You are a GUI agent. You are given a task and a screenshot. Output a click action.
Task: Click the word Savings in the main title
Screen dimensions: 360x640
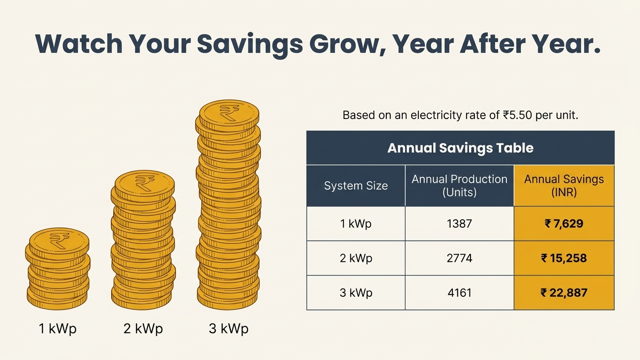(249, 44)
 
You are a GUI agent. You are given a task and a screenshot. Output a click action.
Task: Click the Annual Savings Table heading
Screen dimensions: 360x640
(460, 148)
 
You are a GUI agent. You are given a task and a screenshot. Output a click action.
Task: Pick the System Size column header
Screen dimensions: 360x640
(356, 186)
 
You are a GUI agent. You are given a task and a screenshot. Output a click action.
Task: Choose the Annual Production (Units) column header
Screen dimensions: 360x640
(459, 186)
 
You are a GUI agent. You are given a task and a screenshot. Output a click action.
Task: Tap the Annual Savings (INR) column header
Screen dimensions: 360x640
(564, 186)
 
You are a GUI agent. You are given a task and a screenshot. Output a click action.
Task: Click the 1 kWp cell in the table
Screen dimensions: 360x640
(356, 223)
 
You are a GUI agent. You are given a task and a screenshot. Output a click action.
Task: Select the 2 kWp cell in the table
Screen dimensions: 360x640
(356, 258)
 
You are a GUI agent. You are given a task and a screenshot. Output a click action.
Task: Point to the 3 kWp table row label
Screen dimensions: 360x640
(356, 292)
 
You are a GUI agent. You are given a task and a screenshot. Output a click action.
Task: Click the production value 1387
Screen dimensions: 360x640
(459, 223)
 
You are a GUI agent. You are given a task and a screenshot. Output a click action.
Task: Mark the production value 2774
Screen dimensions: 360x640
(459, 258)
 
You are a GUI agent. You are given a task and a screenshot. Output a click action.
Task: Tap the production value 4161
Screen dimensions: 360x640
(459, 292)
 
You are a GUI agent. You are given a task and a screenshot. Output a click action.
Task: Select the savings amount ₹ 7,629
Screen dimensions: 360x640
(564, 223)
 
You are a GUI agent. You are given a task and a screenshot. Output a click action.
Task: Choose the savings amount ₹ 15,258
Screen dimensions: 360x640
(564, 258)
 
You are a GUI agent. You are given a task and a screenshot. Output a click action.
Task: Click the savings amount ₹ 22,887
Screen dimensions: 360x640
(564, 292)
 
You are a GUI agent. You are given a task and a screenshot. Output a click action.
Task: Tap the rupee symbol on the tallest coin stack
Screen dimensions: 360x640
(227, 113)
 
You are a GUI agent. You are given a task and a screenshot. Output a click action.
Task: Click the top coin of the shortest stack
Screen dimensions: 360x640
(59, 240)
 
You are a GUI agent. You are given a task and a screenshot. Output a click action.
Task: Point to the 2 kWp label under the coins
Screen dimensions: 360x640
(143, 329)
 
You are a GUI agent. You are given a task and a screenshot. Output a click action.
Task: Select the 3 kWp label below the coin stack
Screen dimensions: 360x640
(228, 329)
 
